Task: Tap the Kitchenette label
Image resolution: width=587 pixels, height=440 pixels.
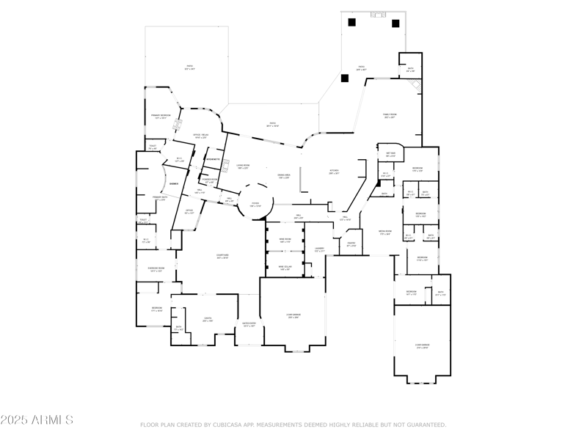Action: point(213,159)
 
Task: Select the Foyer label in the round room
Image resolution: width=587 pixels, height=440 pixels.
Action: point(255,205)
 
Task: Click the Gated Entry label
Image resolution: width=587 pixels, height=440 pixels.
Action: point(249,323)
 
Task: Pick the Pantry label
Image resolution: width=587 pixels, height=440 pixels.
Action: point(351,243)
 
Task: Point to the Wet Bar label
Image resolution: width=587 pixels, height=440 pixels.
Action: point(391,153)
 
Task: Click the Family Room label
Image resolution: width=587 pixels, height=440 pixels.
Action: point(390,115)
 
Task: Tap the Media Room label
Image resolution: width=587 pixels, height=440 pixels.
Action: point(384,232)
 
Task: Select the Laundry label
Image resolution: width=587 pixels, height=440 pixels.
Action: point(319,249)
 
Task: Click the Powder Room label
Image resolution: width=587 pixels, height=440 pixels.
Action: point(208,180)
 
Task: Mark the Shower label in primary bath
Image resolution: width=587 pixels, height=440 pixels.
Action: point(174,183)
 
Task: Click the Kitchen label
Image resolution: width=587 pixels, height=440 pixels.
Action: point(334,171)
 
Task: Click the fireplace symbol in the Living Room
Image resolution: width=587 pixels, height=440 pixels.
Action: point(227,163)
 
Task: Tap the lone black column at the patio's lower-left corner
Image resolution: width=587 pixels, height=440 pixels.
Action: point(344,78)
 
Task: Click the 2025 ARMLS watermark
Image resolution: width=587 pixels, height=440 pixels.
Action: point(37,420)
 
